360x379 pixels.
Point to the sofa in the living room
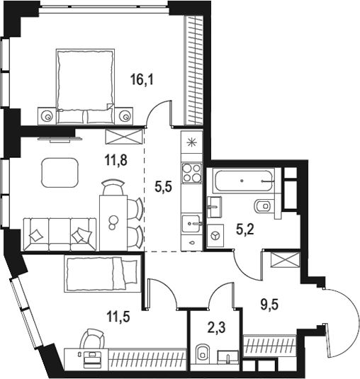(61, 232)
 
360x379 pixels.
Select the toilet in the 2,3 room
(201, 351)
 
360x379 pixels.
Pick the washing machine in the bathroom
(215, 233)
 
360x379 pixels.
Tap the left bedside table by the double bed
(47, 115)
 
